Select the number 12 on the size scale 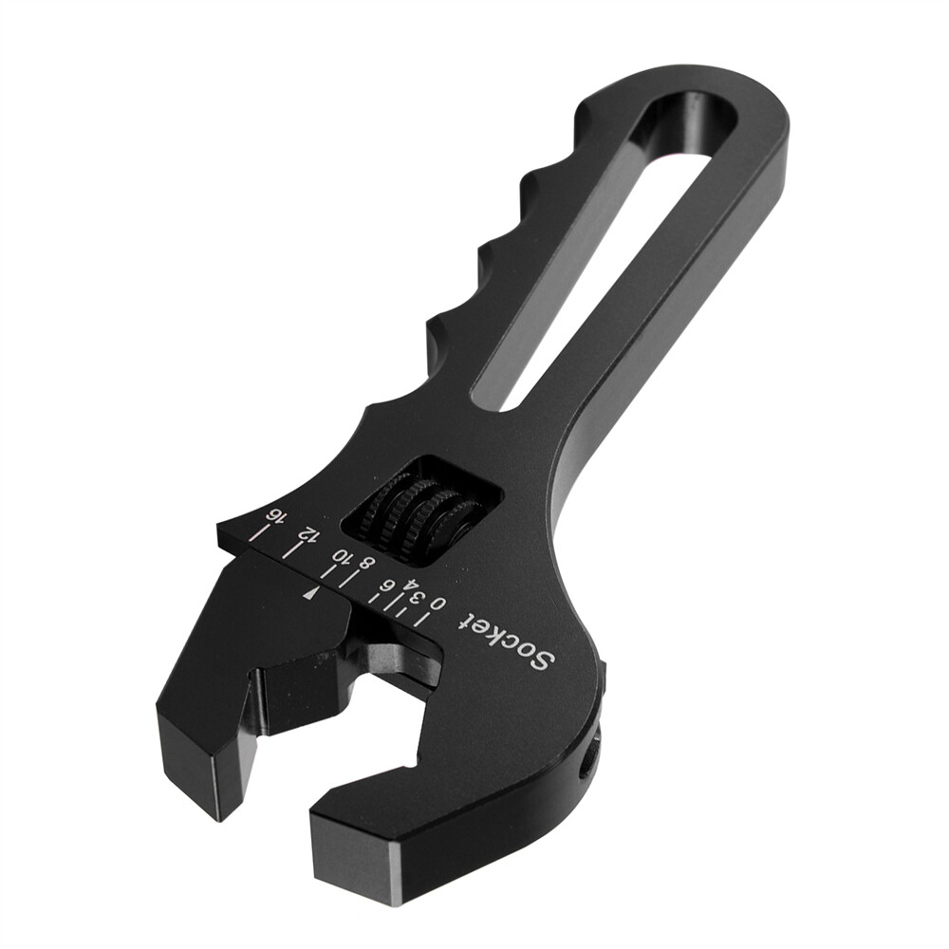tap(306, 534)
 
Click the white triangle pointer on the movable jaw tap(310, 592)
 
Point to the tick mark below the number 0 tap(425, 623)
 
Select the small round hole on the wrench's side tap(587, 760)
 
